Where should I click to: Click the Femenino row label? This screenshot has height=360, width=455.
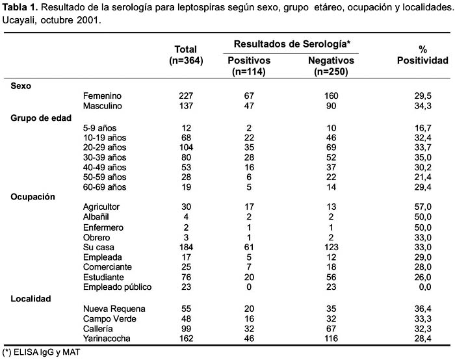(102, 96)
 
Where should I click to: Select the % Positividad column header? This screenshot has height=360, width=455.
(422, 55)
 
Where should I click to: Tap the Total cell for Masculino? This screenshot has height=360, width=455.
(186, 106)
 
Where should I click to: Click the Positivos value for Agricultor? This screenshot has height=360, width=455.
(249, 207)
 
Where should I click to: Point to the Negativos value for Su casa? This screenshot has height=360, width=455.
(331, 247)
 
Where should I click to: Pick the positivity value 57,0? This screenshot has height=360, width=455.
(422, 207)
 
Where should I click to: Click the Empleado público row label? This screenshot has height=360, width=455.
(117, 287)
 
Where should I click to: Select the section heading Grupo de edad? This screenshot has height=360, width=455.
(41, 118)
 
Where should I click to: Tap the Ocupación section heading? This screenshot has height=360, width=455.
(32, 197)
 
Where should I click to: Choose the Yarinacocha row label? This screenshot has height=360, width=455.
(107, 339)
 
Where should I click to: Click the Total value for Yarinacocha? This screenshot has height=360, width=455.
(186, 339)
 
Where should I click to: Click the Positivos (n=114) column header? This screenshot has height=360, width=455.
(249, 66)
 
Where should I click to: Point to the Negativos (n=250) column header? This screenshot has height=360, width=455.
(331, 66)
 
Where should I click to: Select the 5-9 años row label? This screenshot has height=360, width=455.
(99, 128)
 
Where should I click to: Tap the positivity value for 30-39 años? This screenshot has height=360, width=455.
(422, 157)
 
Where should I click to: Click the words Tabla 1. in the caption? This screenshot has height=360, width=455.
(20, 7)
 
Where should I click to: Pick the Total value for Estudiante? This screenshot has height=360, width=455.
(186, 277)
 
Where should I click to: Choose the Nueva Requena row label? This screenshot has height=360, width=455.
(114, 309)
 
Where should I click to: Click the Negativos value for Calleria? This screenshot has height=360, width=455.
(331, 329)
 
